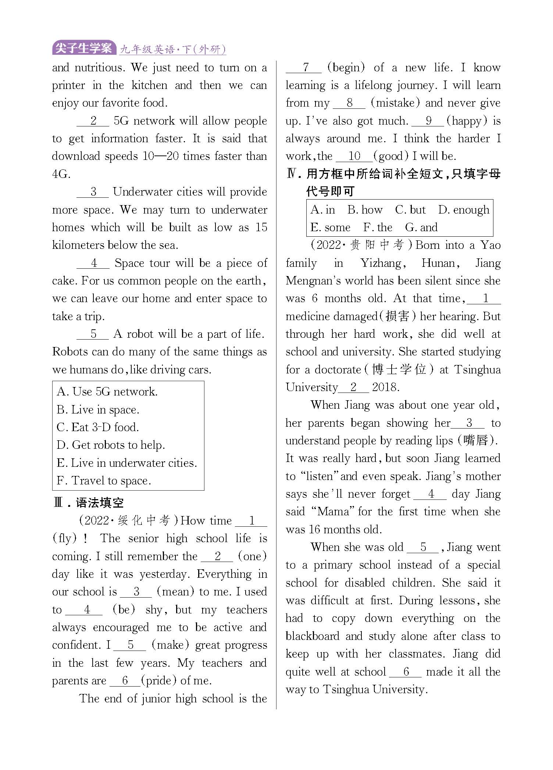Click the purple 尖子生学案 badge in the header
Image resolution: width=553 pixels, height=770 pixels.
click(x=83, y=48)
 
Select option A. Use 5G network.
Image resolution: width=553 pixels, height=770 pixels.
click(x=107, y=392)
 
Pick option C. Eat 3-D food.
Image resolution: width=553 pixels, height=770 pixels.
click(x=98, y=427)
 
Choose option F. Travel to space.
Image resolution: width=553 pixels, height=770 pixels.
click(x=104, y=481)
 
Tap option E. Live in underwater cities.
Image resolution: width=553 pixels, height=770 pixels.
click(x=127, y=463)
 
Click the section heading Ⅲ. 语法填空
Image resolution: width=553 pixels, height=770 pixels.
click(x=89, y=503)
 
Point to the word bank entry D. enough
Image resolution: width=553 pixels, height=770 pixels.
click(x=464, y=210)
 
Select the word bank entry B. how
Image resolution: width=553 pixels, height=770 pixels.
click(x=365, y=210)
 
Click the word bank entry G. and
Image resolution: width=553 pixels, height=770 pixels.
click(x=421, y=228)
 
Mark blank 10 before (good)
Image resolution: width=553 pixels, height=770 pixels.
click(x=354, y=157)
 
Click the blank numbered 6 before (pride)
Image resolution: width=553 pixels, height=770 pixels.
click(x=125, y=681)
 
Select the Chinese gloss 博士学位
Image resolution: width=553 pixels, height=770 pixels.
click(x=399, y=370)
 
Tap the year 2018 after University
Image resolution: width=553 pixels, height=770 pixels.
click(x=385, y=387)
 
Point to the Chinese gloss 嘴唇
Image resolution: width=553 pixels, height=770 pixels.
click(x=476, y=441)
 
